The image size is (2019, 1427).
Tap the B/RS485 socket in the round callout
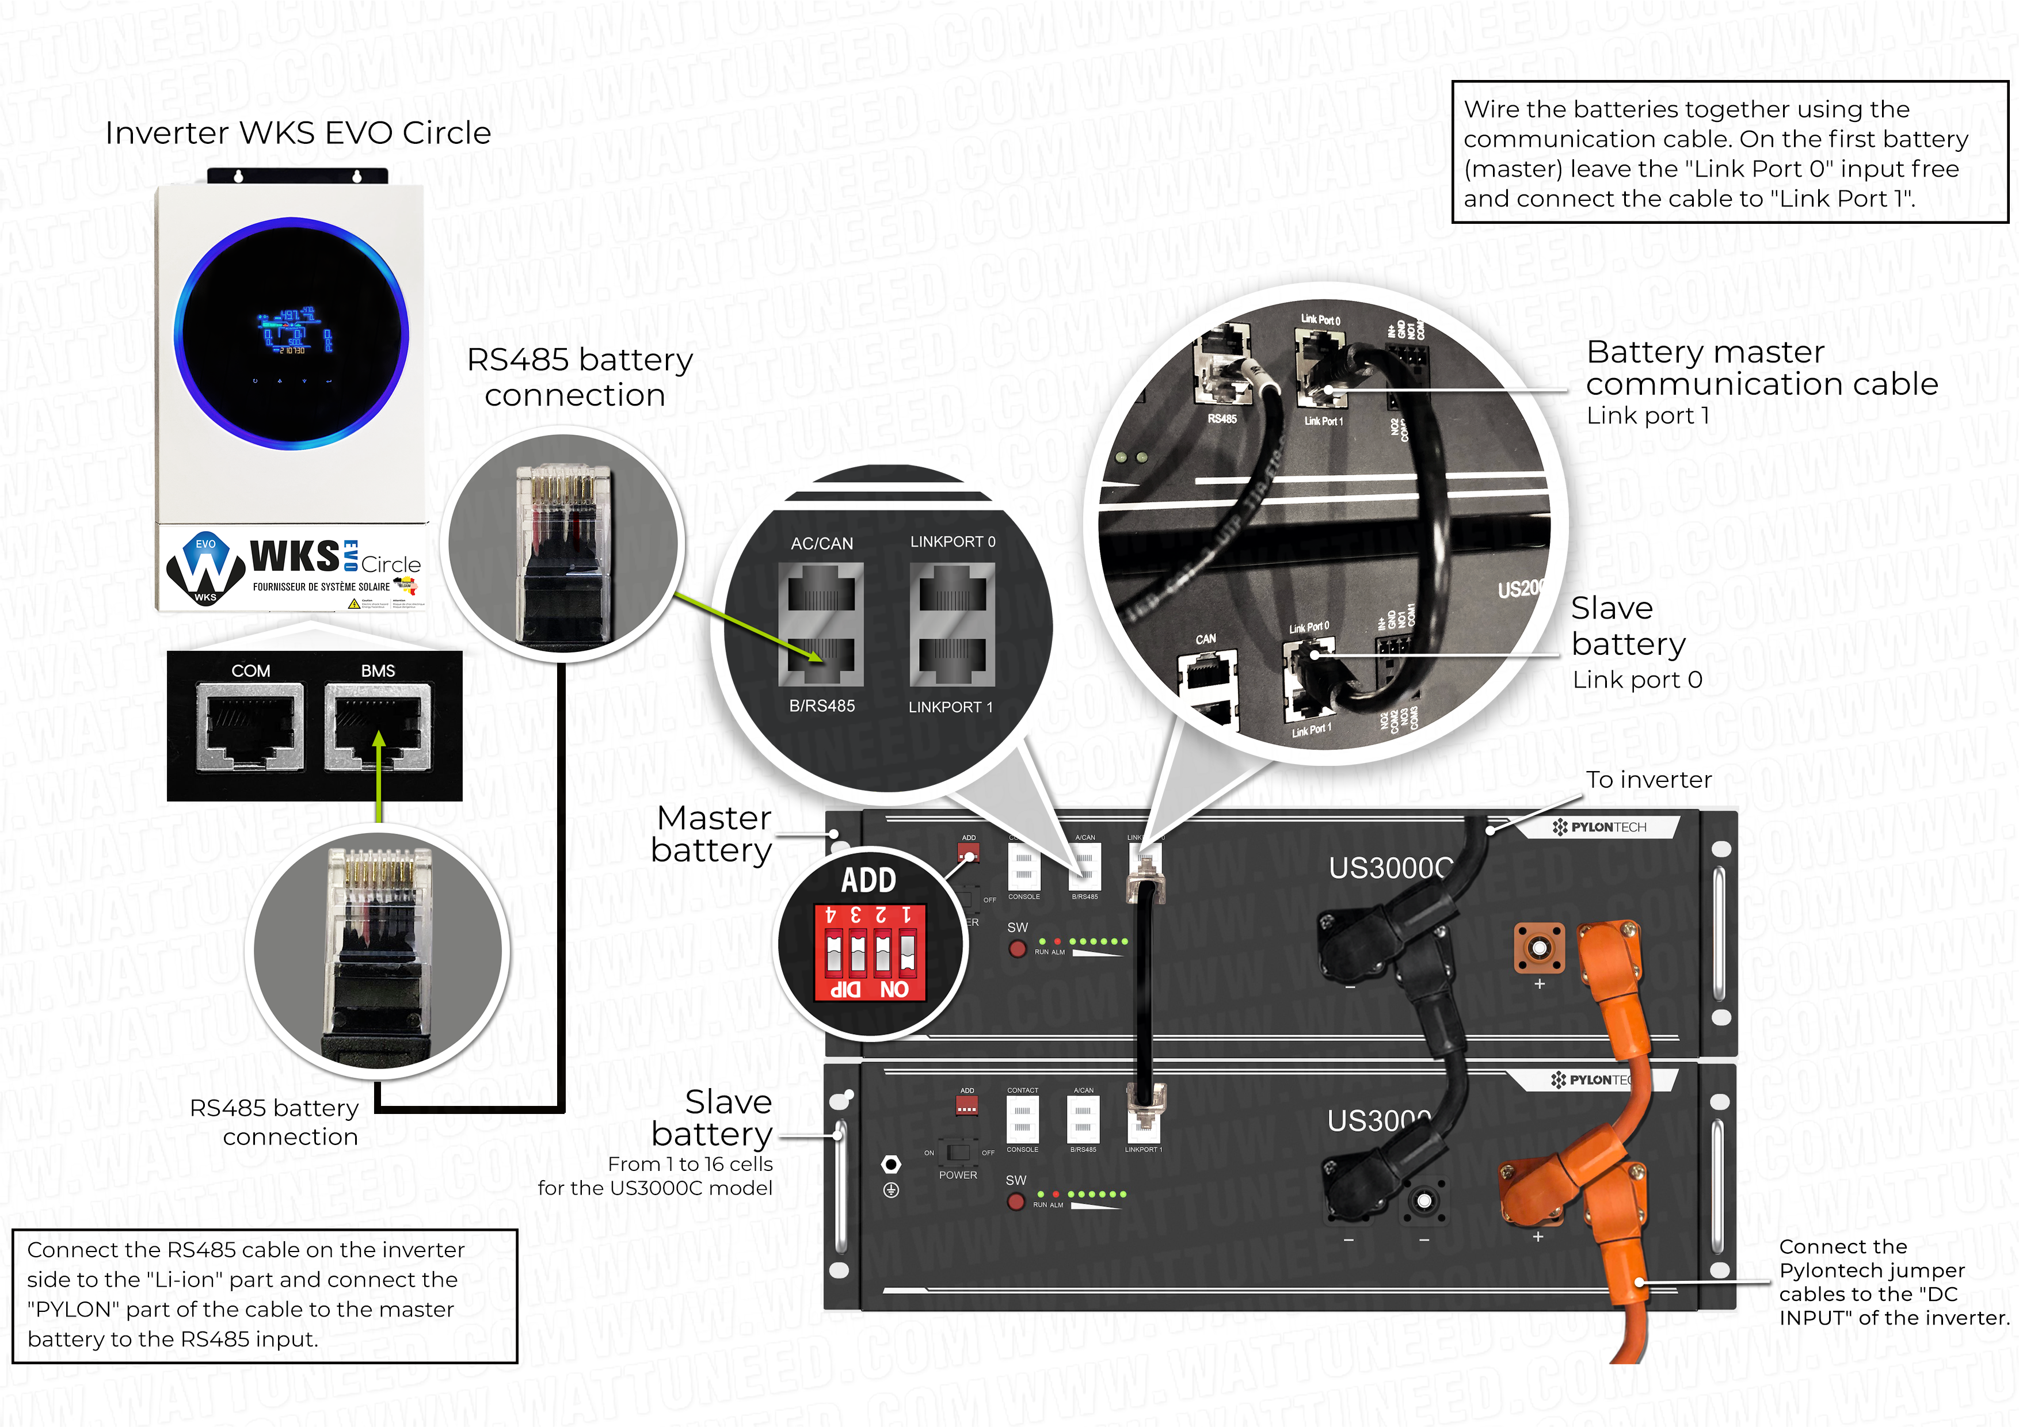(821, 659)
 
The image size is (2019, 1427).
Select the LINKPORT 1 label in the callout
(951, 707)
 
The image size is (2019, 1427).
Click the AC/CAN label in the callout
(821, 543)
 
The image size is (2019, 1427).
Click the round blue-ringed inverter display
(291, 334)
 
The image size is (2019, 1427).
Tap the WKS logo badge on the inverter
(205, 569)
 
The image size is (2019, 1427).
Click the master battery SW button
(1018, 949)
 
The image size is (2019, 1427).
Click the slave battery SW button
(1016, 1201)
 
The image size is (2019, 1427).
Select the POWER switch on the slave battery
(958, 1153)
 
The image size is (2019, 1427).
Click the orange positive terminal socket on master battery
(1539, 948)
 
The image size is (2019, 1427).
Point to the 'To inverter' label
(1649, 780)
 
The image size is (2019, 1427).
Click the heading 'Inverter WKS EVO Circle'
(297, 133)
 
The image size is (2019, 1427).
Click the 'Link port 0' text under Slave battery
(1637, 680)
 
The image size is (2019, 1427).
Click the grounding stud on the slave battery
(891, 1164)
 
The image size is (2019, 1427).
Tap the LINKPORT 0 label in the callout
(953, 541)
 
